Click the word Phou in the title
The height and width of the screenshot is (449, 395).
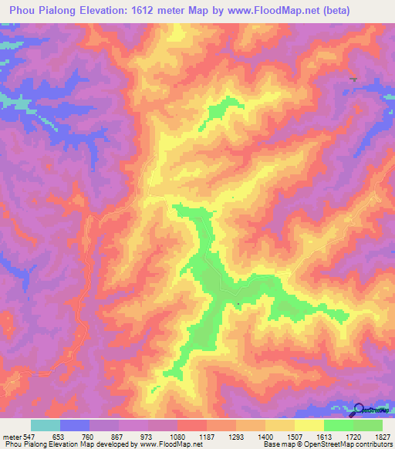point(23,11)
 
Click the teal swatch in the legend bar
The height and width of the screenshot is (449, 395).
point(46,425)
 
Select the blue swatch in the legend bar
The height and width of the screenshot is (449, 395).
point(75,425)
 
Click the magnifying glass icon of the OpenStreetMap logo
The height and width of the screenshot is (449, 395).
point(359,409)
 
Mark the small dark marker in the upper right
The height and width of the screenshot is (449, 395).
point(353,79)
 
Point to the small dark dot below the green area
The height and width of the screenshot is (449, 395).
point(238,305)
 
